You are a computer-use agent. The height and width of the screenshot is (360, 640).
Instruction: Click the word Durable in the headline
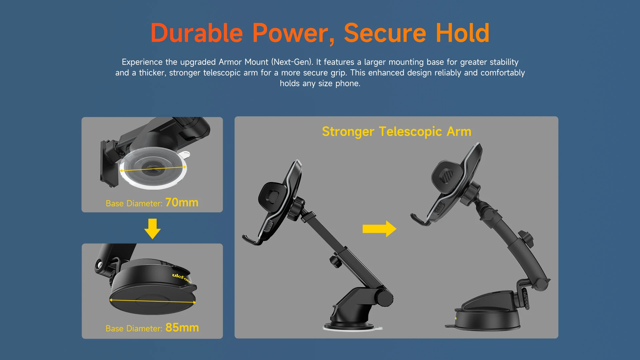click(197, 33)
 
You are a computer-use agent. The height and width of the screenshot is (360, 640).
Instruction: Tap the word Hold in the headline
click(462, 33)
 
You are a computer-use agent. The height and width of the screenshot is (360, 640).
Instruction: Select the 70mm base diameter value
click(182, 202)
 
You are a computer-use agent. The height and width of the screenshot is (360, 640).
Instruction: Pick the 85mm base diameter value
click(182, 327)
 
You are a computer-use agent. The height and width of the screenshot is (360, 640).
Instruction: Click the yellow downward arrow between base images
click(152, 229)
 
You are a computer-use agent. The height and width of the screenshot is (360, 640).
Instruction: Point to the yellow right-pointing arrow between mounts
click(379, 229)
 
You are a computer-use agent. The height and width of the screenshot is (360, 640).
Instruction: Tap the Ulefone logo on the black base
click(182, 278)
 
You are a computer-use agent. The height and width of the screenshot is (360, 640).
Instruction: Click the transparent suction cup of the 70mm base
click(153, 168)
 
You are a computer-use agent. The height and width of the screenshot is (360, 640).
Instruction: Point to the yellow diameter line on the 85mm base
click(153, 301)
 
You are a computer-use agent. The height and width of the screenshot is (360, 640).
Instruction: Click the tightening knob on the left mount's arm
click(335, 261)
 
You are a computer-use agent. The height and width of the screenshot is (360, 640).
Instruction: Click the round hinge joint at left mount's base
click(384, 298)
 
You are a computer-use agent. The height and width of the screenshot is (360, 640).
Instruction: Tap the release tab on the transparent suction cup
click(184, 155)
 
